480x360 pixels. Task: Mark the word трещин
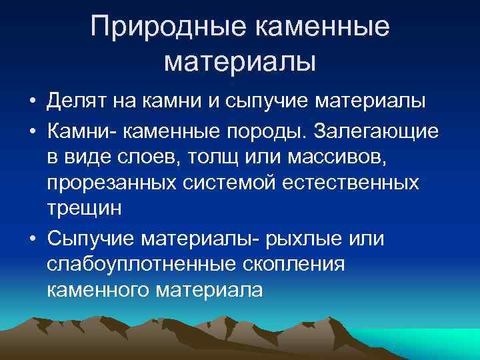point(85,207)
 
